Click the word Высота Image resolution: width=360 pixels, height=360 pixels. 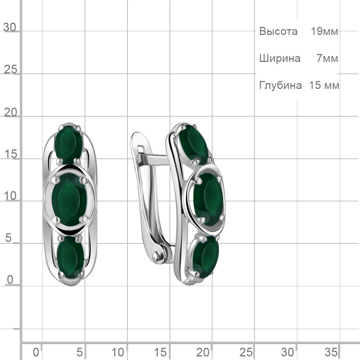(x=278, y=31)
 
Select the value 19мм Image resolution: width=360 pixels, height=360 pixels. (x=324, y=31)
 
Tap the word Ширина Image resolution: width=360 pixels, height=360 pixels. (x=280, y=58)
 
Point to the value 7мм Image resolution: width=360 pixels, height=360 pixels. (x=327, y=58)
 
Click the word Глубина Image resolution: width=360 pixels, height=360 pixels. (x=280, y=85)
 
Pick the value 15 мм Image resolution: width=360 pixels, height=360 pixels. (x=324, y=85)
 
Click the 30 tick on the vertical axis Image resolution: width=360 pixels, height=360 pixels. (x=10, y=27)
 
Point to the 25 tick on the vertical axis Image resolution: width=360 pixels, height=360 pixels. (x=10, y=69)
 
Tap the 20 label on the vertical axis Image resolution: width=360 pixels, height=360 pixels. (x=10, y=112)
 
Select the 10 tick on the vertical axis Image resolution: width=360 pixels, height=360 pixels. (x=10, y=196)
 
